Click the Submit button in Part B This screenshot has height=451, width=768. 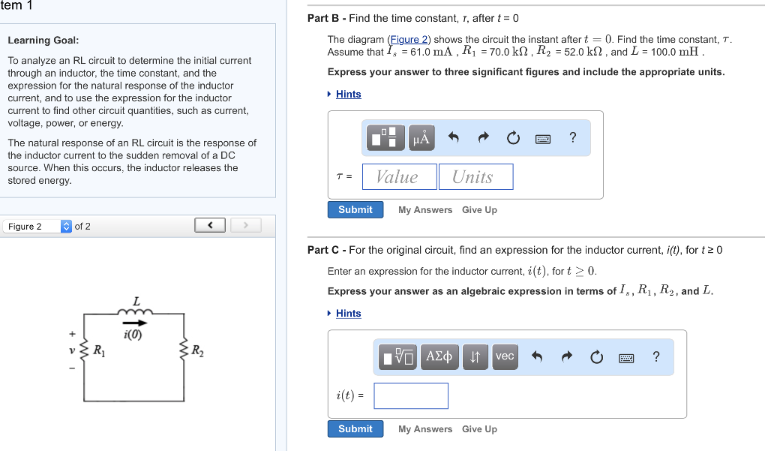pyautogui.click(x=355, y=210)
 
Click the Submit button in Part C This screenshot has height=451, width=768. pyautogui.click(x=355, y=429)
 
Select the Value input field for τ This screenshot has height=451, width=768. pyautogui.click(x=399, y=177)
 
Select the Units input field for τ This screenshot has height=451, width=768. pyautogui.click(x=475, y=177)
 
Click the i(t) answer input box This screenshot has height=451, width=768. pyautogui.click(x=411, y=396)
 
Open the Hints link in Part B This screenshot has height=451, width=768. pyautogui.click(x=348, y=95)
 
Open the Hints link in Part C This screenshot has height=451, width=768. pyautogui.click(x=348, y=314)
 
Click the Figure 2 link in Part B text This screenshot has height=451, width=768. pyautogui.click(x=409, y=40)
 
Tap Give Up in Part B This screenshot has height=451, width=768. pyautogui.click(x=479, y=210)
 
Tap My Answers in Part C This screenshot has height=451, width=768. pyautogui.click(x=425, y=429)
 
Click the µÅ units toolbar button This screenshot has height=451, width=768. pyautogui.click(x=422, y=138)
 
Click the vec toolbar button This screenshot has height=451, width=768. pyautogui.click(x=505, y=356)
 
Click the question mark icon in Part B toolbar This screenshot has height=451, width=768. pyautogui.click(x=573, y=137)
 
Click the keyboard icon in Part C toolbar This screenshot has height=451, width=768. pyautogui.click(x=626, y=358)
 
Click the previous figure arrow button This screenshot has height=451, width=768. pyautogui.click(x=211, y=225)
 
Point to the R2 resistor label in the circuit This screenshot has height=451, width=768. pyautogui.click(x=196, y=350)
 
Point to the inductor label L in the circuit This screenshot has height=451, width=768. pyautogui.click(x=136, y=301)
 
